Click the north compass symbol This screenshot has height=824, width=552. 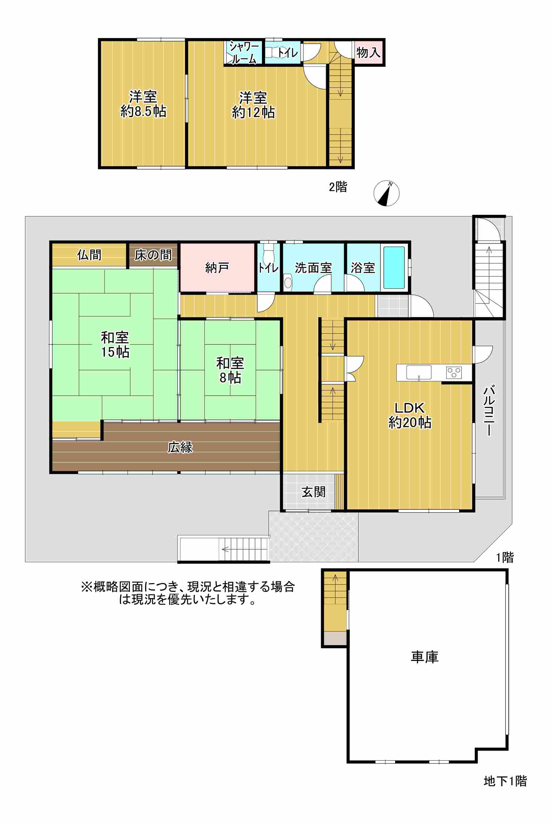[x=386, y=193]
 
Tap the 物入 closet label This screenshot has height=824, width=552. [x=368, y=52]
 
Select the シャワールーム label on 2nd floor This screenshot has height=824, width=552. [x=243, y=53]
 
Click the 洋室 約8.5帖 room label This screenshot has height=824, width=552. [x=143, y=104]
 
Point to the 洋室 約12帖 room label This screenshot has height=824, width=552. [x=253, y=105]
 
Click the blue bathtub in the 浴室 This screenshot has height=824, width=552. [x=394, y=268]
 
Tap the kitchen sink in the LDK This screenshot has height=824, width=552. [x=419, y=372]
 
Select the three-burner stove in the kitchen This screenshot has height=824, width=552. [x=454, y=372]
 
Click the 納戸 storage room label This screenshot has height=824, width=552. [x=217, y=268]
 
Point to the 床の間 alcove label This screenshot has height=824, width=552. [x=153, y=255]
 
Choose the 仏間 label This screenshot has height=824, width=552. [x=89, y=255]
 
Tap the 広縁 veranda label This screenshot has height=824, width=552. [x=180, y=448]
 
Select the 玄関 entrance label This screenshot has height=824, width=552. [x=313, y=492]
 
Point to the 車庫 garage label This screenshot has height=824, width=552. [x=424, y=657]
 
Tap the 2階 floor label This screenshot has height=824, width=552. [x=338, y=187]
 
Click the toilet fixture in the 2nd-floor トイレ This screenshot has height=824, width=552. [x=271, y=52]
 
